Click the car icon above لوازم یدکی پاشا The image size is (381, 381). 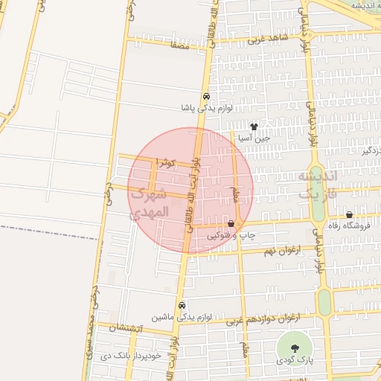tap(205, 97)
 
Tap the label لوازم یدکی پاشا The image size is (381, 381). tap(206, 108)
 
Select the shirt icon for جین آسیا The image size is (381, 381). tap(254, 127)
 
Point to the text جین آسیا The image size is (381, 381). tap(254, 138)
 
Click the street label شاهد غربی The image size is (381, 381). tap(267, 37)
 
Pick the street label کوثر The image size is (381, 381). tap(165, 161)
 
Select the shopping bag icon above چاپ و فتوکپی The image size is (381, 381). tap(231, 223)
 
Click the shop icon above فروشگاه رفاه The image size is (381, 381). tap(349, 215)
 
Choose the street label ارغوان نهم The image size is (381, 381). tap(281, 251)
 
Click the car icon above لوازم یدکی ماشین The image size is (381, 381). tap(182, 305)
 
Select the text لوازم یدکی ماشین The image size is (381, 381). tap(182, 317)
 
